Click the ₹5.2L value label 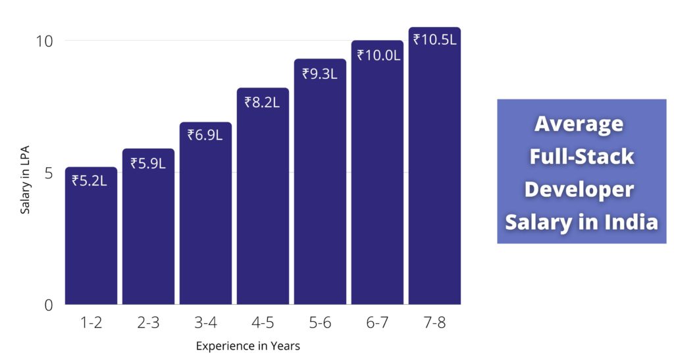point(90,180)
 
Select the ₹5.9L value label point(147,163)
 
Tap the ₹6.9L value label point(205,136)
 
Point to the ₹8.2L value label point(262,102)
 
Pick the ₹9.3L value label point(319,74)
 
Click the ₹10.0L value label point(378,55)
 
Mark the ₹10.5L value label point(434,39)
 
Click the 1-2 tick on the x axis point(91,322)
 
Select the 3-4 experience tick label point(205,322)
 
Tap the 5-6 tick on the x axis point(320,322)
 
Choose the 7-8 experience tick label point(434,322)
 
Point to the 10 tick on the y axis point(43,41)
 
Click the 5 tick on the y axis point(48,173)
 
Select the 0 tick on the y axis point(48,305)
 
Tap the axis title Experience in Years point(248,346)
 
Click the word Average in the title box point(579,124)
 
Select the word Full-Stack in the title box point(582,157)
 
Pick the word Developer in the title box point(579,189)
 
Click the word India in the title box point(631,222)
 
